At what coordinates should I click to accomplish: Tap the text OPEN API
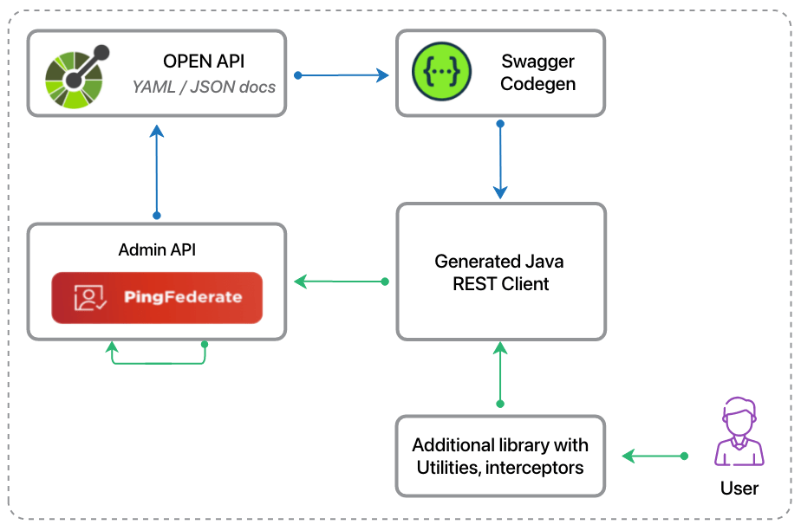tap(204, 62)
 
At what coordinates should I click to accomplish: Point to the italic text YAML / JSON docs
tap(204, 87)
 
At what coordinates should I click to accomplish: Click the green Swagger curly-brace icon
tap(441, 72)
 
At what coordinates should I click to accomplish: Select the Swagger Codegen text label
tap(537, 73)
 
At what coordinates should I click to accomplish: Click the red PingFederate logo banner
tap(157, 298)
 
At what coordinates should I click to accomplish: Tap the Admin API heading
tap(157, 250)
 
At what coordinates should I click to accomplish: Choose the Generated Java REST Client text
tap(501, 272)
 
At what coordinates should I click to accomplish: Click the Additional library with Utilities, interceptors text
tap(500, 457)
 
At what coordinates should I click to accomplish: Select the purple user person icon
tap(739, 432)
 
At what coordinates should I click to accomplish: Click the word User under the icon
tap(739, 489)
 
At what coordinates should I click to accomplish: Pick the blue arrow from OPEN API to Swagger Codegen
tap(342, 75)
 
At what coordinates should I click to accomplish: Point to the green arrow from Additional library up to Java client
tap(500, 372)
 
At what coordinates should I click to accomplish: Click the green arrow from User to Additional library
tap(654, 456)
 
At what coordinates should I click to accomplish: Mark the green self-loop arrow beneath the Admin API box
tap(157, 362)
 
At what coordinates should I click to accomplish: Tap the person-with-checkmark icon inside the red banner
tap(90, 298)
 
